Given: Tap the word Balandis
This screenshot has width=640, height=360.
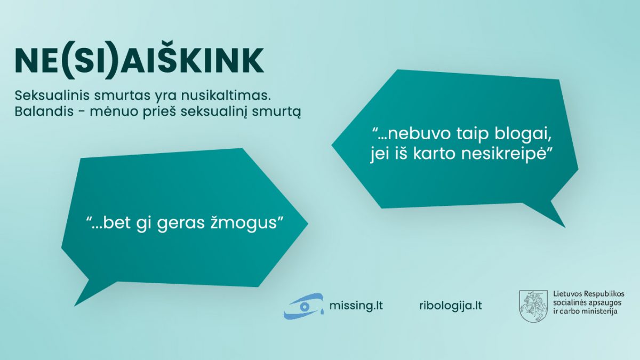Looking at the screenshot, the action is click(44, 111).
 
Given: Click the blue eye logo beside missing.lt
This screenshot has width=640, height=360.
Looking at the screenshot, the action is click(303, 306).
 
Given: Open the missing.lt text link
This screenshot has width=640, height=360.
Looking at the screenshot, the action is click(356, 306).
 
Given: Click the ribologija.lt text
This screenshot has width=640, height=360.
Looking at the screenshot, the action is click(451, 306).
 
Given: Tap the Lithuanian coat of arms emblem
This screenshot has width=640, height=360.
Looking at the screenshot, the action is click(533, 306).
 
